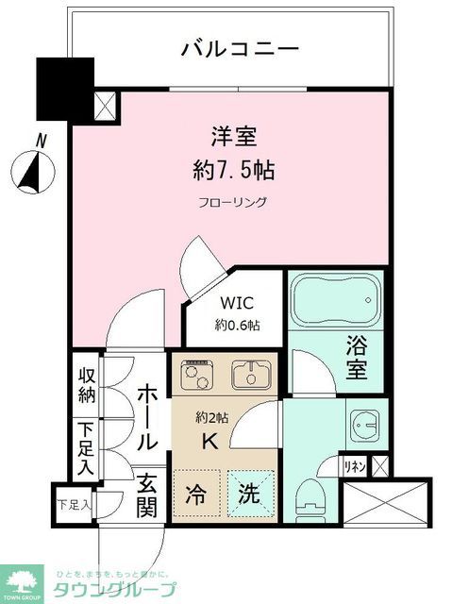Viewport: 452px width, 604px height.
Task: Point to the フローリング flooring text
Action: (232, 202)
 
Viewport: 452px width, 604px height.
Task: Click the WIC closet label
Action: (237, 304)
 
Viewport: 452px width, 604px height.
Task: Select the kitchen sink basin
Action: (251, 375)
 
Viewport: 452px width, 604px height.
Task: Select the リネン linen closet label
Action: (354, 465)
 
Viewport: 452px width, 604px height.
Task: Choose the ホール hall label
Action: (147, 417)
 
